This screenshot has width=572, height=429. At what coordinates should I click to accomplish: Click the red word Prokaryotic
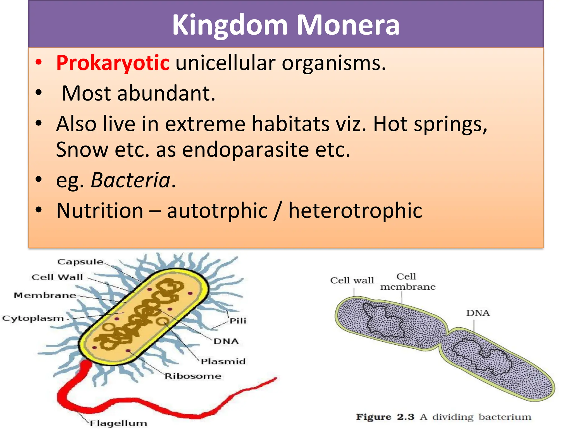(113, 63)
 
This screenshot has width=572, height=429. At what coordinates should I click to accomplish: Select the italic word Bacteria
(131, 180)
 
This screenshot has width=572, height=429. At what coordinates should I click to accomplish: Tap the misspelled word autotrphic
(218, 211)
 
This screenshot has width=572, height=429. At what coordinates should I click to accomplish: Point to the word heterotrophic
(355, 211)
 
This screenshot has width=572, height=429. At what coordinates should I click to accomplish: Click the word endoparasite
(246, 150)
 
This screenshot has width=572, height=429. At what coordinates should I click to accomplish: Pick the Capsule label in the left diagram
(80, 262)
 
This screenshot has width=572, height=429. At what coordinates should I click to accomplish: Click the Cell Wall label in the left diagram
(57, 277)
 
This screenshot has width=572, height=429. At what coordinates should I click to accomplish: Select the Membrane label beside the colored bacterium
(45, 295)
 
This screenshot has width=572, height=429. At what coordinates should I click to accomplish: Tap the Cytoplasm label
(33, 318)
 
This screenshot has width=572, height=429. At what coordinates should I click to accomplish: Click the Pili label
(238, 321)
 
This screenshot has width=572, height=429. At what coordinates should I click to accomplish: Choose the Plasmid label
(223, 361)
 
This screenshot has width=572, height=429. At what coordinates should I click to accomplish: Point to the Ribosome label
(193, 376)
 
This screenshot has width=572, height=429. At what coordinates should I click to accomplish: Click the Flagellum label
(118, 423)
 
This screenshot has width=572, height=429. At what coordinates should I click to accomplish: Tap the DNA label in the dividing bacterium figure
(478, 313)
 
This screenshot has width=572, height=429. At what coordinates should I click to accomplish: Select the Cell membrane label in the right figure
(407, 282)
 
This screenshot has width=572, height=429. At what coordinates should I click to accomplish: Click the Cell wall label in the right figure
(352, 280)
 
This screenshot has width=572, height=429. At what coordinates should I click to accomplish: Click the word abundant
(166, 93)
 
